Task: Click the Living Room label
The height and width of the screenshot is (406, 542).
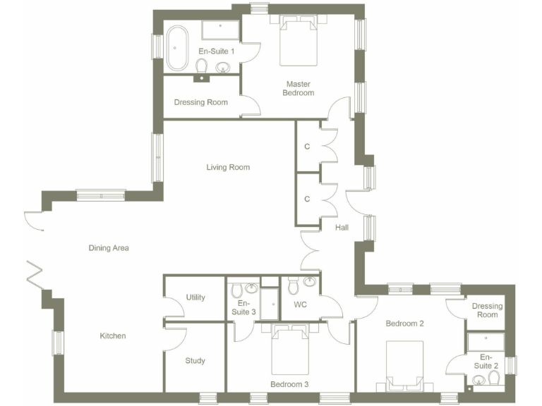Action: pos(228,167)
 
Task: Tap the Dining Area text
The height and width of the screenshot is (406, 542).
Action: pos(109,248)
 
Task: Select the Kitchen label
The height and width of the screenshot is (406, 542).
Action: pos(113,336)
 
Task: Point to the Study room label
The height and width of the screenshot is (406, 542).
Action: pos(195,361)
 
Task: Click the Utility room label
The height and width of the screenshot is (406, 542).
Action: pos(195,297)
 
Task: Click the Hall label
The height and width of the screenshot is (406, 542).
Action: pos(342,228)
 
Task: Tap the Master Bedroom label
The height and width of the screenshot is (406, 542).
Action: pos(298,88)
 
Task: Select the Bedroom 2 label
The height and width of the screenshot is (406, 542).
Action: pos(404,324)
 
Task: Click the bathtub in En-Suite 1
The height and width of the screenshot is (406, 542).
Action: pos(177,48)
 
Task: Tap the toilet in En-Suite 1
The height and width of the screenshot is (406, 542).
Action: pos(202,66)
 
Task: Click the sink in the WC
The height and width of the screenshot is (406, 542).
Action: pos(309,283)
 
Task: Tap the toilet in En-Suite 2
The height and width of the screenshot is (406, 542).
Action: pos(494,379)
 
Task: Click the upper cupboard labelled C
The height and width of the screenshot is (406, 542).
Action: pos(307,147)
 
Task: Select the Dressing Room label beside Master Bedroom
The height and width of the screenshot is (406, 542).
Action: pos(201,102)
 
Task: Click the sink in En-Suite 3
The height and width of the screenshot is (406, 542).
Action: pos(252,288)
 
